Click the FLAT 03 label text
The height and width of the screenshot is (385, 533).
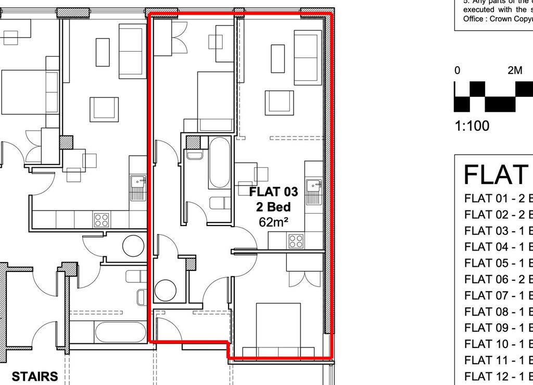(274, 192)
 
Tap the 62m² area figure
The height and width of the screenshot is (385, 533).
(274, 222)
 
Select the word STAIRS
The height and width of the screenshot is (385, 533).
(34, 376)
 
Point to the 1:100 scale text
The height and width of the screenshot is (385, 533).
(472, 126)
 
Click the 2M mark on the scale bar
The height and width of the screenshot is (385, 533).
(514, 71)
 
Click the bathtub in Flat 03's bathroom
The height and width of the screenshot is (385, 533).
(219, 162)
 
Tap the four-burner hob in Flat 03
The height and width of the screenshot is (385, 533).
(296, 241)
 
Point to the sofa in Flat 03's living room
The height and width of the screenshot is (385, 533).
(308, 57)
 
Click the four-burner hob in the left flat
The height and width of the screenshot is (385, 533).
(101, 219)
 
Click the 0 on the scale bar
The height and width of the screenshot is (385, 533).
(457, 71)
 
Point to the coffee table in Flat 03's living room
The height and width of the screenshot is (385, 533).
(277, 59)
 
